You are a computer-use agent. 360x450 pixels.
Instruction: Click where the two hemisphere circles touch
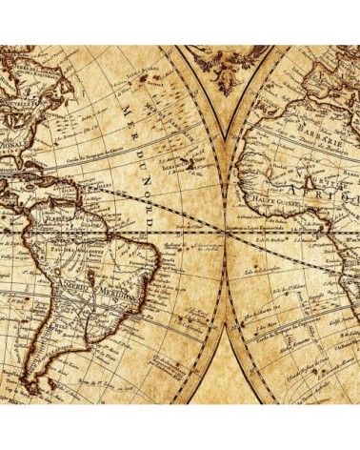click(225, 232)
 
